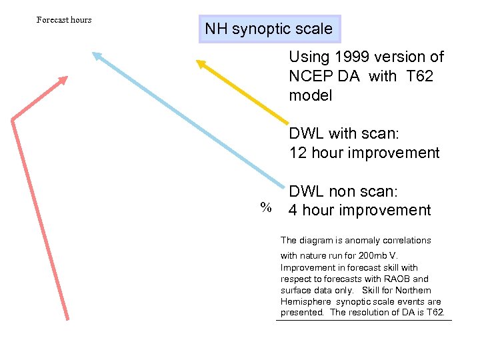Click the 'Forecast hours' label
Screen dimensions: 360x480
pos(64,20)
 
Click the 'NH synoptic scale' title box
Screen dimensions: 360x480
pos(269,29)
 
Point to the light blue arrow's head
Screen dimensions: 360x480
pos(97,56)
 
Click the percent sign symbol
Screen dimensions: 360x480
pos(266,207)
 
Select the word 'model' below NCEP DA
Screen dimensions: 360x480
pos(310,96)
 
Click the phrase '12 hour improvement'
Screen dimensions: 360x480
pos(364,153)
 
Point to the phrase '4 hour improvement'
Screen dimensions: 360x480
pos(359,211)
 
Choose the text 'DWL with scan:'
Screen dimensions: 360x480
pos(343,133)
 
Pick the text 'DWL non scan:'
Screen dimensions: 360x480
pos(343,192)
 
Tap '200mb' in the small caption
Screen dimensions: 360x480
pos(363,256)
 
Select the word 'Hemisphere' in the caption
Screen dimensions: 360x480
pos(306,302)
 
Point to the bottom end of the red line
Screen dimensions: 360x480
pos(67,319)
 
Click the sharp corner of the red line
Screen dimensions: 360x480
pos(13,119)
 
